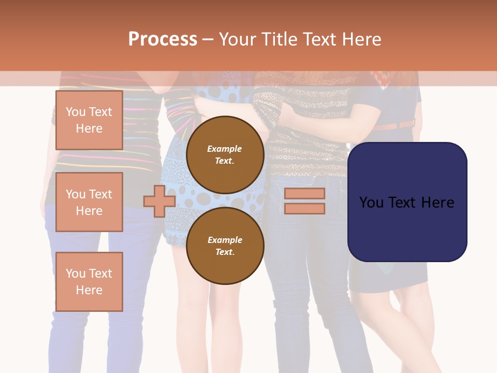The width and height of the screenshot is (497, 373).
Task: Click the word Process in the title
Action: click(163, 39)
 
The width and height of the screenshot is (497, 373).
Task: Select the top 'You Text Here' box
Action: click(89, 120)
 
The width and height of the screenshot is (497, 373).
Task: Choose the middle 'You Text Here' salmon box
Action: click(89, 202)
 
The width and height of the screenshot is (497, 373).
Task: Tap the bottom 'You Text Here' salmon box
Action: click(89, 281)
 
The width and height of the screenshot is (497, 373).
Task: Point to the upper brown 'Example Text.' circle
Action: click(225, 155)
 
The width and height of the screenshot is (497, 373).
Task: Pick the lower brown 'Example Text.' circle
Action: click(225, 246)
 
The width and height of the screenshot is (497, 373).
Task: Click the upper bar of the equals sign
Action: click(304, 193)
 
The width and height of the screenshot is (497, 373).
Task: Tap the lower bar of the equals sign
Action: click(304, 208)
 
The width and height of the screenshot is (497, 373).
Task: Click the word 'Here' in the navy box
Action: click(437, 202)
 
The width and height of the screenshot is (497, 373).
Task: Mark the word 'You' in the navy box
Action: click(371, 202)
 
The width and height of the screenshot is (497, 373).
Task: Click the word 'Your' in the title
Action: click(237, 39)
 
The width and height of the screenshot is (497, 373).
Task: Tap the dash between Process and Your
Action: click(208, 39)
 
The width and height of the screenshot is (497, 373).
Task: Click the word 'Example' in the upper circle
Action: click(225, 149)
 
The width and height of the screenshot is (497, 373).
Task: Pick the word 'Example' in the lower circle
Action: click(225, 240)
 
